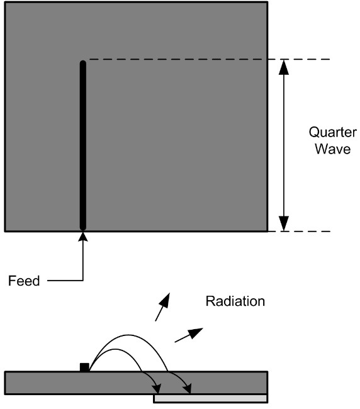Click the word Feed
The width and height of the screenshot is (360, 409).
[x=24, y=281]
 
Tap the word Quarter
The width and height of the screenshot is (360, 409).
[x=332, y=133]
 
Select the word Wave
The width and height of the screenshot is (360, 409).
[x=332, y=148]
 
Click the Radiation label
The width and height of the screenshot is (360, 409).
[x=235, y=301]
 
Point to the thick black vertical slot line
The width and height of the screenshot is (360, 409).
[x=82, y=145]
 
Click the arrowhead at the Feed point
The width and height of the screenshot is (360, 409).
[x=83, y=237]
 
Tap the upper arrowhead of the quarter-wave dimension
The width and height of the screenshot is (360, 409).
[x=284, y=67]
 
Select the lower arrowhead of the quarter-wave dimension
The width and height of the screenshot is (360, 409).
[x=284, y=223]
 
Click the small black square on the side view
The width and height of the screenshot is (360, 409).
[x=84, y=367]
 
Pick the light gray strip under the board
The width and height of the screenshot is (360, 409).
[x=210, y=398]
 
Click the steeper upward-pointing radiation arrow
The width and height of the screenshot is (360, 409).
[x=162, y=307]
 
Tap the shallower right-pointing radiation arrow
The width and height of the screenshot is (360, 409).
[x=189, y=335]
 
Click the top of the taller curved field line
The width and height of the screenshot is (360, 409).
[x=128, y=335]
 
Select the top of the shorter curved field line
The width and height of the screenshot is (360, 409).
[x=115, y=349]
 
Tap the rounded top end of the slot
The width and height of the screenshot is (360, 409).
[x=82, y=62]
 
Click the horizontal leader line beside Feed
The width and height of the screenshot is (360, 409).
[x=65, y=281]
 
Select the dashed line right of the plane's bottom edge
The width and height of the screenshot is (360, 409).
[x=300, y=232]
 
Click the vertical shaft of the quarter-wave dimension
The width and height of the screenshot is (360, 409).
[x=284, y=145]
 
